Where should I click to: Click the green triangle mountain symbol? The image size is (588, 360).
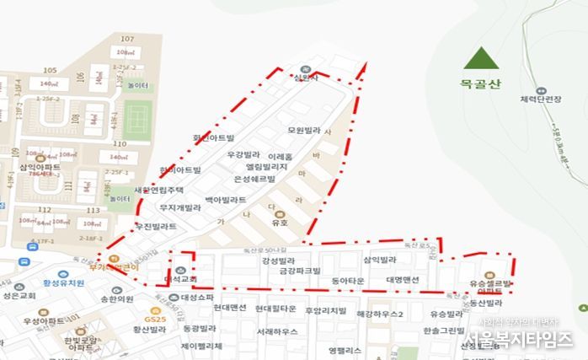tap(480, 57)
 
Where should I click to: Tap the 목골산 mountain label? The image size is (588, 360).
tap(480, 84)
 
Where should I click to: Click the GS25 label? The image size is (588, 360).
tap(153, 320)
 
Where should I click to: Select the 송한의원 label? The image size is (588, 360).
tap(117, 298)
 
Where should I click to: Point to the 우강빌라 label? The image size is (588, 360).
tap(243, 156)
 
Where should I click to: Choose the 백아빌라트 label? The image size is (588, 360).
tap(226, 200)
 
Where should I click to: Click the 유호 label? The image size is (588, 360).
tap(279, 223)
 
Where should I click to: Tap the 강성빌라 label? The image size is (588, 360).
tap(278, 261)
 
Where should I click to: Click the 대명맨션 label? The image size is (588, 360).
tap(403, 279)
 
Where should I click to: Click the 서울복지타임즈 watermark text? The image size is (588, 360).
tap(516, 337)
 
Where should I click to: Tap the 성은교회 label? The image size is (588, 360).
tap(18, 296)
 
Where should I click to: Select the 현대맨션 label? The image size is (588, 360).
tap(229, 308)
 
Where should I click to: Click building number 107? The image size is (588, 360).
tap(128, 40)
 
